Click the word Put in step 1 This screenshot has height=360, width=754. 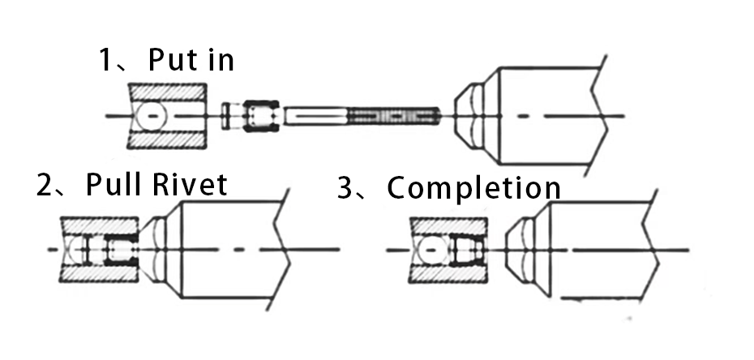[172, 59]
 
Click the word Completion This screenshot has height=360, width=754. [473, 188]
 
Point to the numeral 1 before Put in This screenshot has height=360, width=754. [105, 60]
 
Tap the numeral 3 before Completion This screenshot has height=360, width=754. [345, 188]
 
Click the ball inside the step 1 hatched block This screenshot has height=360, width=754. [151, 116]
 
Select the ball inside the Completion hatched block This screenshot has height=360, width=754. [431, 250]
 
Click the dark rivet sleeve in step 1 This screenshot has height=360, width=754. [261, 116]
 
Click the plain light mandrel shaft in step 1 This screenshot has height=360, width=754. [315, 116]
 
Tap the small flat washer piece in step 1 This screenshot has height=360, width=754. [225, 116]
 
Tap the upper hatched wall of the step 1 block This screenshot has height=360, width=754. [168, 92]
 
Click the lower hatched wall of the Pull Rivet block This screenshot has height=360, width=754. [99, 272]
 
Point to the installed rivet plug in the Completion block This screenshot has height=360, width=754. [467, 250]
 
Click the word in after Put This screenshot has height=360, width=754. [218, 59]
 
